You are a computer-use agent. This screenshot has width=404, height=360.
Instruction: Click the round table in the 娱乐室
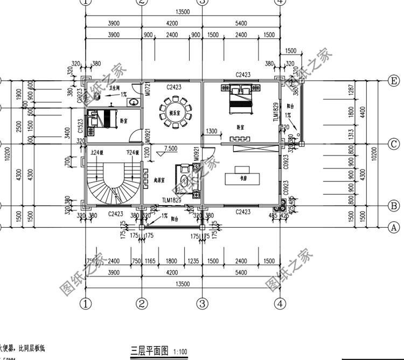[172, 112]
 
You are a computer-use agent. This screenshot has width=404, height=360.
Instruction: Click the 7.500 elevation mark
[171, 149]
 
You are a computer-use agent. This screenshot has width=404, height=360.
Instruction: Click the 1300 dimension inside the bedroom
[211, 131]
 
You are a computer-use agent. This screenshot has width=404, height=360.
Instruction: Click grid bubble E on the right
[394, 80]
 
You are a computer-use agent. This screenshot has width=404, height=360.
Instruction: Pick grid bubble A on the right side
[394, 227]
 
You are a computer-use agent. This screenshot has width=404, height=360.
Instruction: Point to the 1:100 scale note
[180, 352]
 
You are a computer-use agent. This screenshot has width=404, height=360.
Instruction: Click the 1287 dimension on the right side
[350, 90]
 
